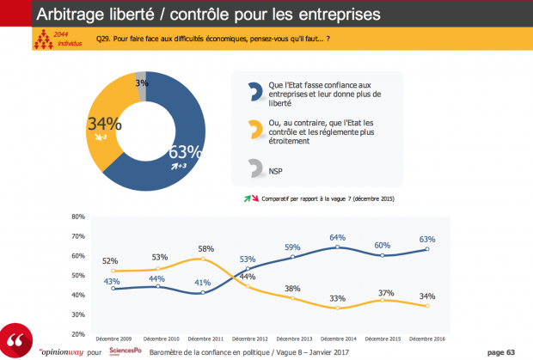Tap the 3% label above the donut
click(x=140, y=83)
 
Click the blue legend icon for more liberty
click(x=254, y=93)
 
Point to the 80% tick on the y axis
click(x=77, y=217)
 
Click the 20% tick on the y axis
click(x=77, y=333)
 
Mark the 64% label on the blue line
click(x=336, y=237)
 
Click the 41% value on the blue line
click(x=199, y=283)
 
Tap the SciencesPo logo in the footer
click(x=126, y=351)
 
